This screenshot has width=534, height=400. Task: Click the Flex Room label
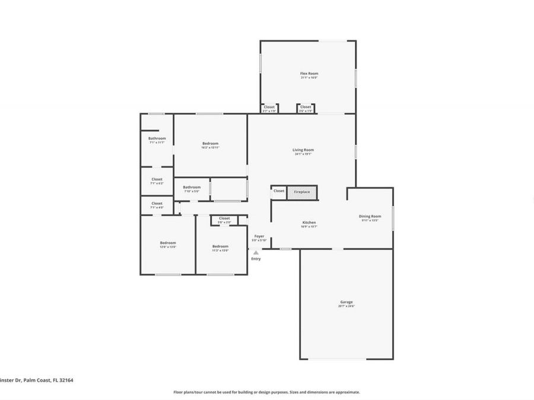(x=309, y=73)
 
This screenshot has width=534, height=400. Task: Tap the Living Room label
(x=303, y=150)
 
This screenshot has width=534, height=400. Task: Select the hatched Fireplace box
(x=302, y=192)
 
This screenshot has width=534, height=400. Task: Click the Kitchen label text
(x=309, y=222)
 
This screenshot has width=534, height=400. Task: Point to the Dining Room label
(x=370, y=216)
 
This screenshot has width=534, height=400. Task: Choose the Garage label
(x=347, y=302)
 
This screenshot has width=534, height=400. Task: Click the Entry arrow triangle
(x=256, y=252)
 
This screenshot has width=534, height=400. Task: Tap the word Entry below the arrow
(x=256, y=259)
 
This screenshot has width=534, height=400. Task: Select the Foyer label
(x=259, y=236)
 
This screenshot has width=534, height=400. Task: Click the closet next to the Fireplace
(x=279, y=191)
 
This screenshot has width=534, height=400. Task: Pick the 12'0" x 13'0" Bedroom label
(x=168, y=242)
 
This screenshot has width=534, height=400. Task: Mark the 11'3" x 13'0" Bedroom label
(x=220, y=246)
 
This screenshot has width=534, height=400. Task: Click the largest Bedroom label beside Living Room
(x=210, y=143)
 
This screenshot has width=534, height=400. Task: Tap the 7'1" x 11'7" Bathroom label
(x=157, y=139)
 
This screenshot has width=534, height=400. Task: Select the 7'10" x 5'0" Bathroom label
(x=192, y=187)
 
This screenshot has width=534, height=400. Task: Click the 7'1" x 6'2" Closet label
(x=157, y=179)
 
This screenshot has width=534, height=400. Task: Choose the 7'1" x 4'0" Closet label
(x=157, y=203)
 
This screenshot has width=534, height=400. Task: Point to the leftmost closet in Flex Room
(x=269, y=107)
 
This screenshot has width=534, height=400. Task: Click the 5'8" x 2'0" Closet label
(x=224, y=218)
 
